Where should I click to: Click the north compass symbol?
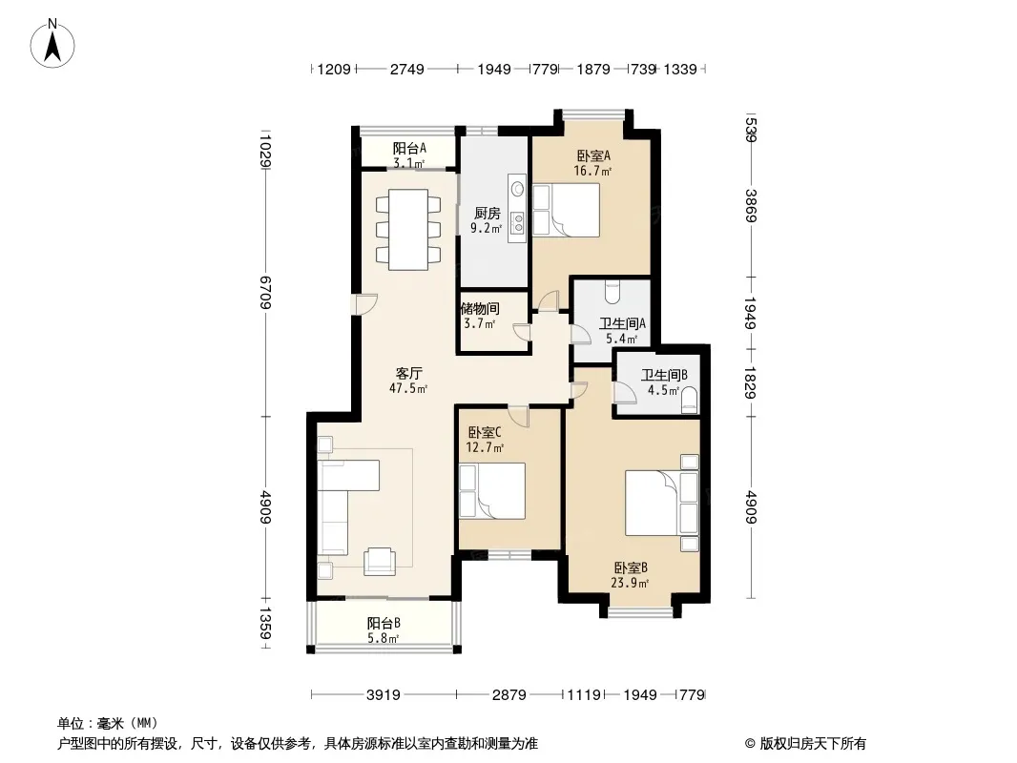[x=56, y=44]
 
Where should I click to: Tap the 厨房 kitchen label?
[x=487, y=220]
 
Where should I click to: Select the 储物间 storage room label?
[x=479, y=316]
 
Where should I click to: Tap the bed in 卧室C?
[x=491, y=491]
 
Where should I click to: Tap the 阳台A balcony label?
[x=409, y=155]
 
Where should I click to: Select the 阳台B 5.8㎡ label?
[x=384, y=630]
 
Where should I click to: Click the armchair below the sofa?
[x=381, y=561]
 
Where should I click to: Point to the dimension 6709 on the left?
[x=264, y=293]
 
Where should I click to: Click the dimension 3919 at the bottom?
[x=383, y=695]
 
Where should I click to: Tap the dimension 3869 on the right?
[x=752, y=205]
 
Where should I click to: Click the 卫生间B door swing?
[x=625, y=393]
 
